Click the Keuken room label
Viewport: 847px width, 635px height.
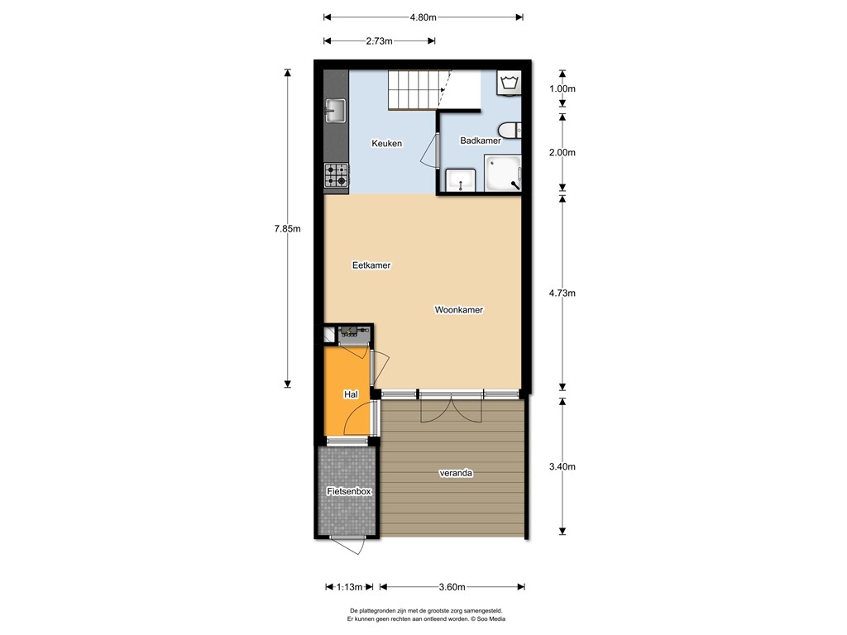click(x=386, y=143)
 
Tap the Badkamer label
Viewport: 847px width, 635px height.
click(x=481, y=141)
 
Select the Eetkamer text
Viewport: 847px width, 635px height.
click(x=371, y=265)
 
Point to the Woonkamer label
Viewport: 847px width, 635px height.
click(x=458, y=310)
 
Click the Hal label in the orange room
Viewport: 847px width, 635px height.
click(x=350, y=395)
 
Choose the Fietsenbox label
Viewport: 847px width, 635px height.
click(x=349, y=491)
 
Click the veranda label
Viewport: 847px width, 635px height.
click(x=456, y=474)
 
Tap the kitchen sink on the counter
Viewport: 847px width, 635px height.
click(x=335, y=109)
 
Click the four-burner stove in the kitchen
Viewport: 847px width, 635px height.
click(x=336, y=175)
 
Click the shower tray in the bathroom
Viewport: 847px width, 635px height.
click(x=504, y=174)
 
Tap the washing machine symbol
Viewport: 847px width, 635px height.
click(x=509, y=84)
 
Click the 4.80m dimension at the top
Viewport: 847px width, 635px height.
click(x=423, y=17)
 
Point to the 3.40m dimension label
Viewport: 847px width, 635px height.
click(x=562, y=466)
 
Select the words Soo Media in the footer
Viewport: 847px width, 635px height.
click(x=488, y=618)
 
